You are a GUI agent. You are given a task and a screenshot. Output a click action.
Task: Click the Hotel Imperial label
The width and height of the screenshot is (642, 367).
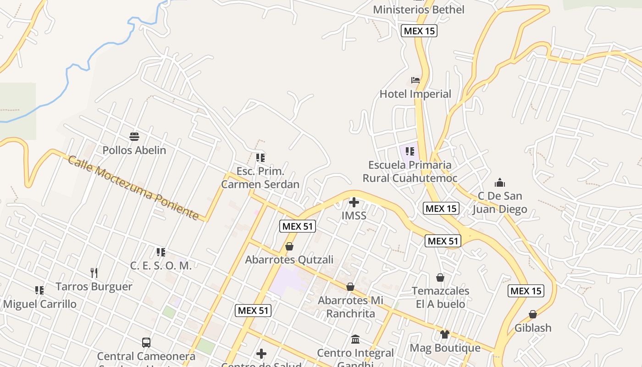[415, 94]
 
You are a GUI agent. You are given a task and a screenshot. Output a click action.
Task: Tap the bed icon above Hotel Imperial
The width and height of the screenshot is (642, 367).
[415, 80]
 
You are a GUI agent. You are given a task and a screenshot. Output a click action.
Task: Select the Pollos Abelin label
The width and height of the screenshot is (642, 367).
[134, 150]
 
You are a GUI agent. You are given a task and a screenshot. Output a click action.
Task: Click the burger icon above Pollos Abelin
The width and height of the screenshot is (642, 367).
[134, 136]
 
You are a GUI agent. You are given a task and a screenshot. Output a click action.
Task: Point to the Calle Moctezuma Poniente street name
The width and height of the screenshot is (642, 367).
[133, 188]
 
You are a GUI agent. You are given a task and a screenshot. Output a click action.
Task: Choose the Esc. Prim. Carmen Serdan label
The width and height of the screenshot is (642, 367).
[260, 178]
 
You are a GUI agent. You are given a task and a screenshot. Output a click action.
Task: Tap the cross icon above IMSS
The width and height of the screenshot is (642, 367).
[354, 202]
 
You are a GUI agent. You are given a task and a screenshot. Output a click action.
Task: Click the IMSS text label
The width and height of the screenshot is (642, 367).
[354, 215]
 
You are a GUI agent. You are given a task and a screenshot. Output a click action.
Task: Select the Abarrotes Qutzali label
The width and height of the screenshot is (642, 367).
[289, 260]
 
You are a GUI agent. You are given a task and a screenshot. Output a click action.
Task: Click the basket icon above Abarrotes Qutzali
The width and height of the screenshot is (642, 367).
[289, 247]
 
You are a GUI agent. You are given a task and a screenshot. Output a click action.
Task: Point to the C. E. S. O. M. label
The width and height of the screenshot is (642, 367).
[161, 266]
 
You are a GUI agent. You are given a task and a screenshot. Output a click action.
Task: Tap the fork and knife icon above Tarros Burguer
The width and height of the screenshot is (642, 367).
[94, 273]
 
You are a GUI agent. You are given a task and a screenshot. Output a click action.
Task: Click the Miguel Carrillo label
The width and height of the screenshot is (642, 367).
[40, 304]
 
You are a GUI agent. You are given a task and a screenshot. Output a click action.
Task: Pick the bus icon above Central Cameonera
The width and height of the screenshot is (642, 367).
[146, 342]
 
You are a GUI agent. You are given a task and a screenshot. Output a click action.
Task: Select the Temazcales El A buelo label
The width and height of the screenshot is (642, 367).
[440, 297]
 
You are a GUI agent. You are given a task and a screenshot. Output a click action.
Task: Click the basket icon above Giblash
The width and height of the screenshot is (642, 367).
[533, 315]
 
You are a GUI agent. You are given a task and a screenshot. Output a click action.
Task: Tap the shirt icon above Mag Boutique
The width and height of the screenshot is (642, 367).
[444, 334]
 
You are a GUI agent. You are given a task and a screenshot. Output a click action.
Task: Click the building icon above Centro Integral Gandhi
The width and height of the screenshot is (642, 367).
[355, 340]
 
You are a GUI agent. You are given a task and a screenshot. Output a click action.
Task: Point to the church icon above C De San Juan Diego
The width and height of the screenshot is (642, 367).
[500, 183]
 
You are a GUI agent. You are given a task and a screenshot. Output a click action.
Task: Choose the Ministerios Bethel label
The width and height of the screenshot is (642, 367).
[419, 10]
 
